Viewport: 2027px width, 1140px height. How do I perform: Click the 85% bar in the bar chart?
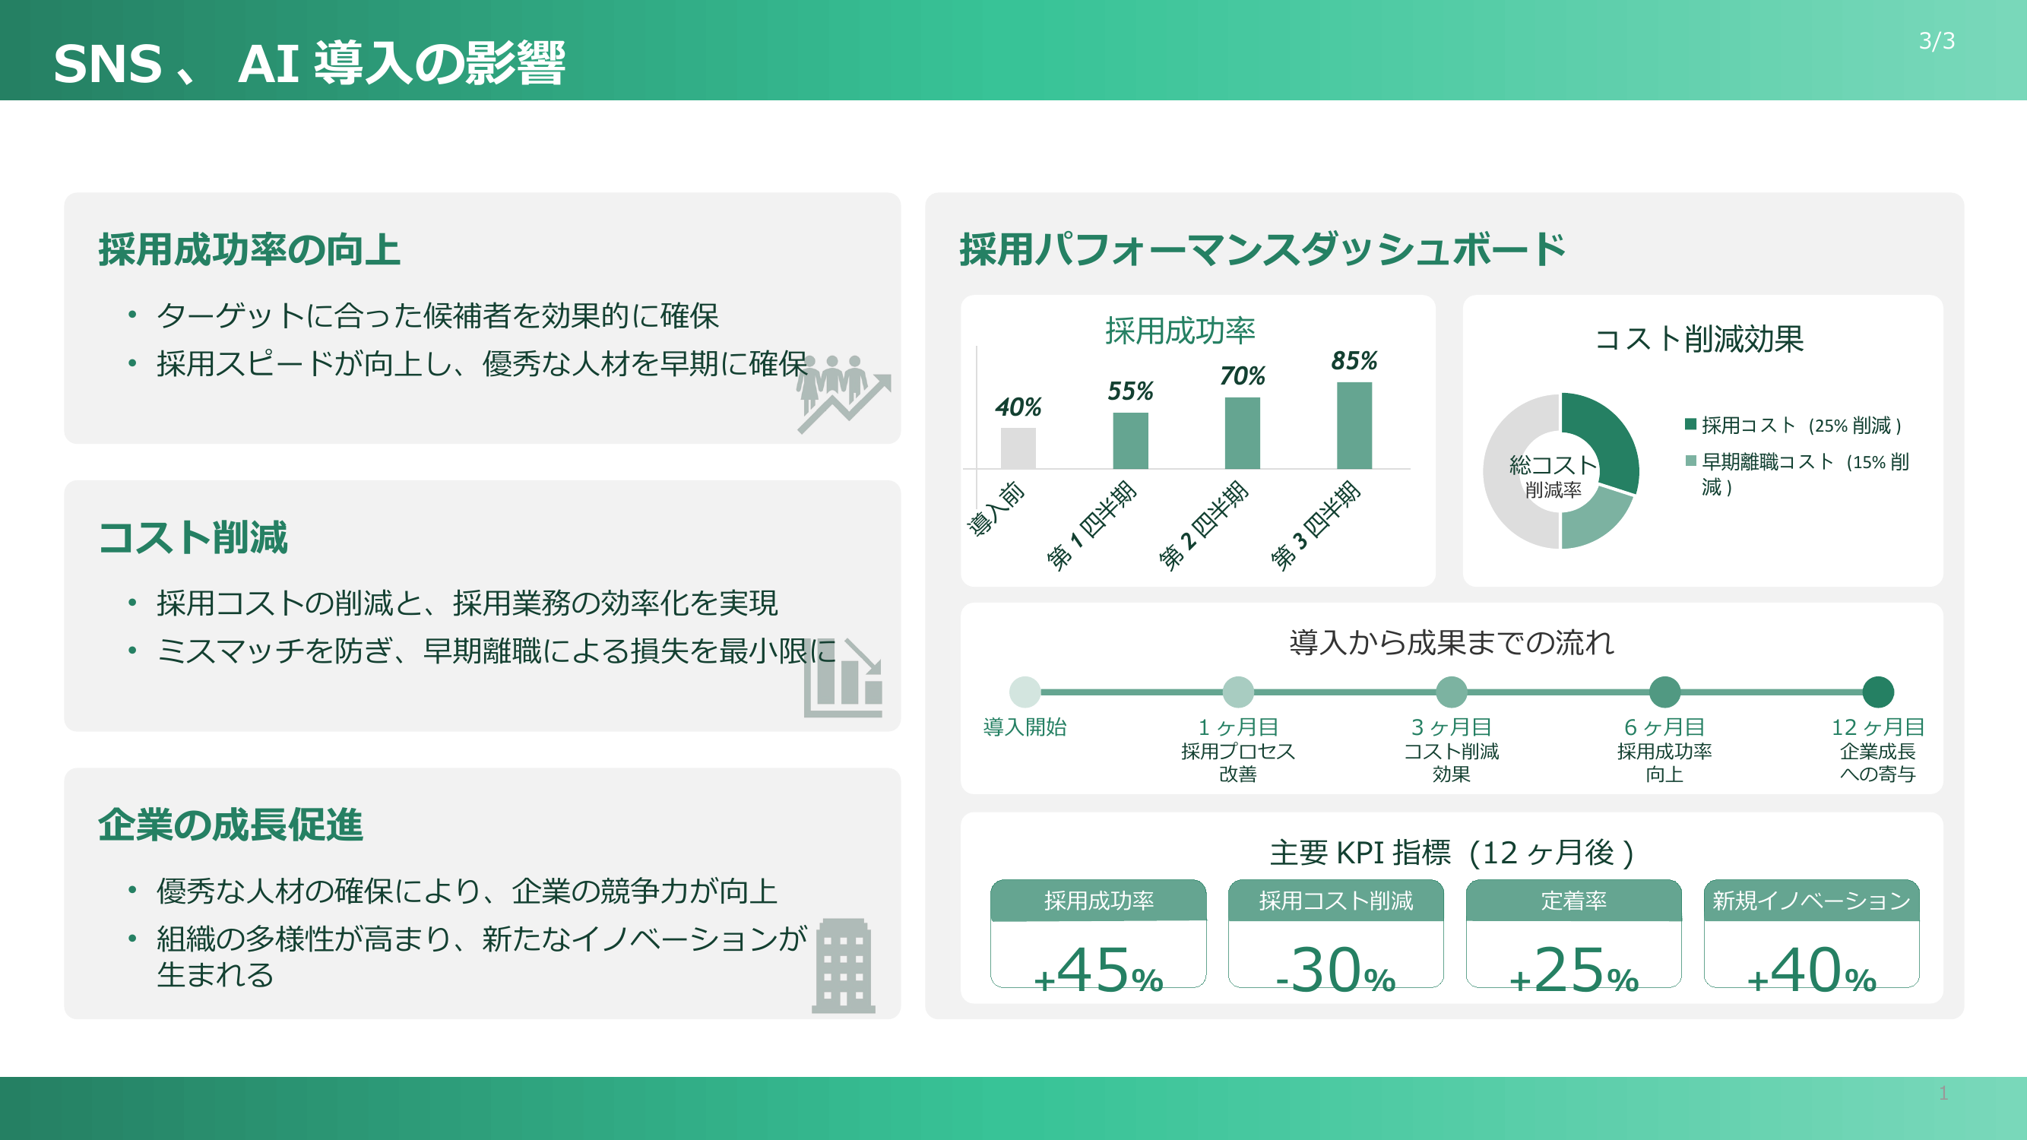(1354, 425)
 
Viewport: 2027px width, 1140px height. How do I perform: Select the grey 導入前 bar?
(1018, 448)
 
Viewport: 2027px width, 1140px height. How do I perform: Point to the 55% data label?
(1130, 391)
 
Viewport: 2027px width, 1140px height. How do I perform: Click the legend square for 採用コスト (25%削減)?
(1690, 425)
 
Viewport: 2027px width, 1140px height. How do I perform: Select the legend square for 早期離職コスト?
(1690, 461)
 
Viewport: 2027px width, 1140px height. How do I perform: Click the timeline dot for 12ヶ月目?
(1877, 692)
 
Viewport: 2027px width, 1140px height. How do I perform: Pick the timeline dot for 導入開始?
(1025, 692)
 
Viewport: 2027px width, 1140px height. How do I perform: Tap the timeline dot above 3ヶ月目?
(1451, 692)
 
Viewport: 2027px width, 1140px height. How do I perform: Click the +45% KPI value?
(1097, 970)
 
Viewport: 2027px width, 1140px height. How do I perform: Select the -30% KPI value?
(1335, 970)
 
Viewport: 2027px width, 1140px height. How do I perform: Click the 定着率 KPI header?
(1573, 901)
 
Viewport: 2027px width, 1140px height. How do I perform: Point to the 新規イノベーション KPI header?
(1810, 901)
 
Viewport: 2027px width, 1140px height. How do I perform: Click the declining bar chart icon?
(844, 678)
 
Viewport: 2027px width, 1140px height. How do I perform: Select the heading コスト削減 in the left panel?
(194, 538)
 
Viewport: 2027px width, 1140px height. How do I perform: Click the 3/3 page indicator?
(1937, 41)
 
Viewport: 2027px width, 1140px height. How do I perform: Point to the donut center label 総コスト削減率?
(1553, 476)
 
